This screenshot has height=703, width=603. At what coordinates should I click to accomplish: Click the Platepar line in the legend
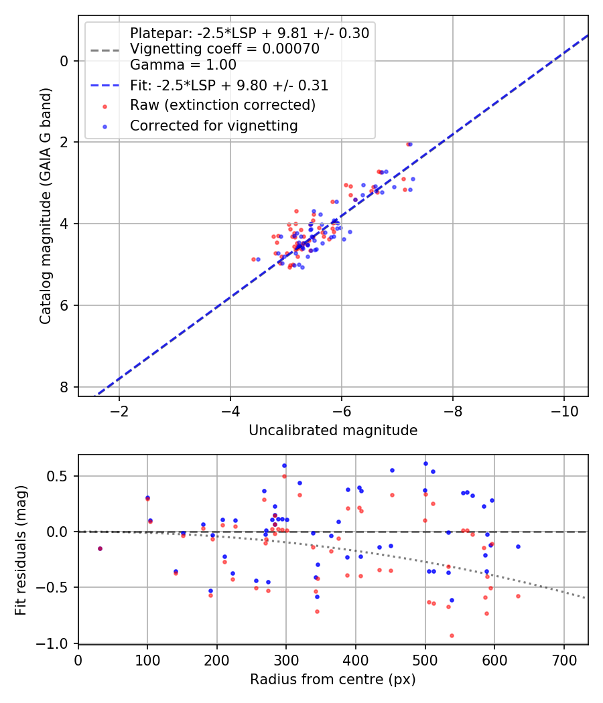click(x=105, y=50)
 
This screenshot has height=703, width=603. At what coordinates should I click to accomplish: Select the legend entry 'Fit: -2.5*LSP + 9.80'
click(x=229, y=85)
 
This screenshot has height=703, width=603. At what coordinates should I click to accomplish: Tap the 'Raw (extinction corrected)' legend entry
click(x=222, y=105)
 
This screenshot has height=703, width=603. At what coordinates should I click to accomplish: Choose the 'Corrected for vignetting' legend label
click(x=214, y=126)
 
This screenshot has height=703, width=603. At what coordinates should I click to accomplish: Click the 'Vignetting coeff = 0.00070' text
click(x=224, y=48)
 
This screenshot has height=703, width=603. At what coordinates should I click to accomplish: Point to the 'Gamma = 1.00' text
click(x=183, y=65)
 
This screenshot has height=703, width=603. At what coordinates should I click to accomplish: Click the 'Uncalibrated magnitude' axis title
click(x=333, y=431)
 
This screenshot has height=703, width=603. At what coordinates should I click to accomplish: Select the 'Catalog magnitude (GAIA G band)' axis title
click(x=46, y=206)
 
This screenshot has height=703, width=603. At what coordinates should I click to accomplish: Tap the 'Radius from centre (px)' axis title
click(x=333, y=680)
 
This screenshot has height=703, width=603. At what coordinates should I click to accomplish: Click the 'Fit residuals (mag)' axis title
click(x=21, y=550)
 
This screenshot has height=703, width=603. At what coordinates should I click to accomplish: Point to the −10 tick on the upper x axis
click(x=563, y=411)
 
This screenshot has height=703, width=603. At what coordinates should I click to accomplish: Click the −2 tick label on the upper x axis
click(x=119, y=411)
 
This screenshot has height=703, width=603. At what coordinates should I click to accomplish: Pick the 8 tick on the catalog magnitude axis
click(x=64, y=387)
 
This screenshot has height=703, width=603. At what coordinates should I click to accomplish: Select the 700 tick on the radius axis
click(x=564, y=660)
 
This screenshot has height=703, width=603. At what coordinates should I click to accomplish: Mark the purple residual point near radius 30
click(x=100, y=549)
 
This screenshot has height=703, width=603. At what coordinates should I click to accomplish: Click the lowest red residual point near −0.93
click(x=452, y=636)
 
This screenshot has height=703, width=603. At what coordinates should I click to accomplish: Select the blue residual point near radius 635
click(x=518, y=546)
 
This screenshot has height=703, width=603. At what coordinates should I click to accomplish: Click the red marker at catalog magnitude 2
click(x=408, y=145)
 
